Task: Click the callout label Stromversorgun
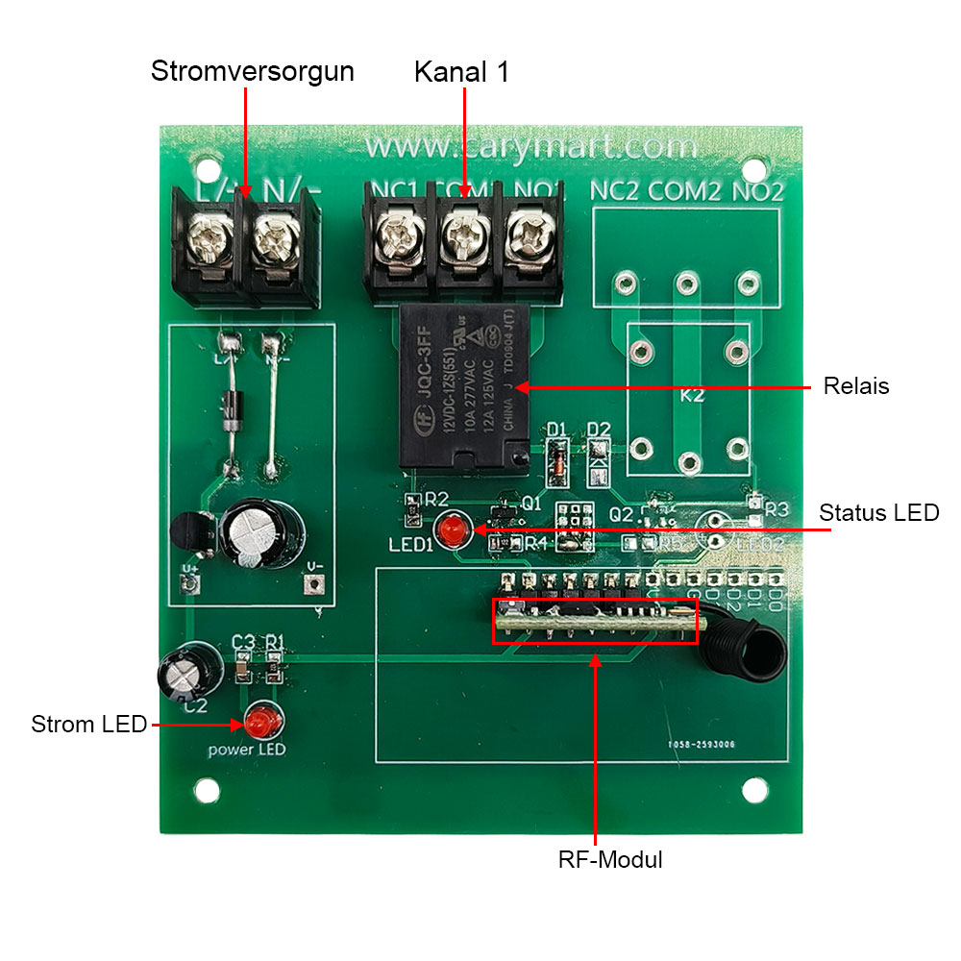click(x=252, y=72)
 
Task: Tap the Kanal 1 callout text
click(x=462, y=72)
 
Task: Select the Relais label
click(x=856, y=386)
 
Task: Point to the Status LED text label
click(x=878, y=513)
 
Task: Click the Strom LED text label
click(x=88, y=724)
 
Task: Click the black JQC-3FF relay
click(x=464, y=388)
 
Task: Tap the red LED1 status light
click(x=449, y=529)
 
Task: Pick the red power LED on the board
click(x=259, y=719)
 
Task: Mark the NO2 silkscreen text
click(x=758, y=190)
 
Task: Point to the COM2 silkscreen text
click(x=684, y=190)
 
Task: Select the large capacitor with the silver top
click(x=261, y=534)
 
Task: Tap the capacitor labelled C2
click(x=183, y=673)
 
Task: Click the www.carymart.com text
click(x=531, y=147)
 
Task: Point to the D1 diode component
click(x=555, y=458)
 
